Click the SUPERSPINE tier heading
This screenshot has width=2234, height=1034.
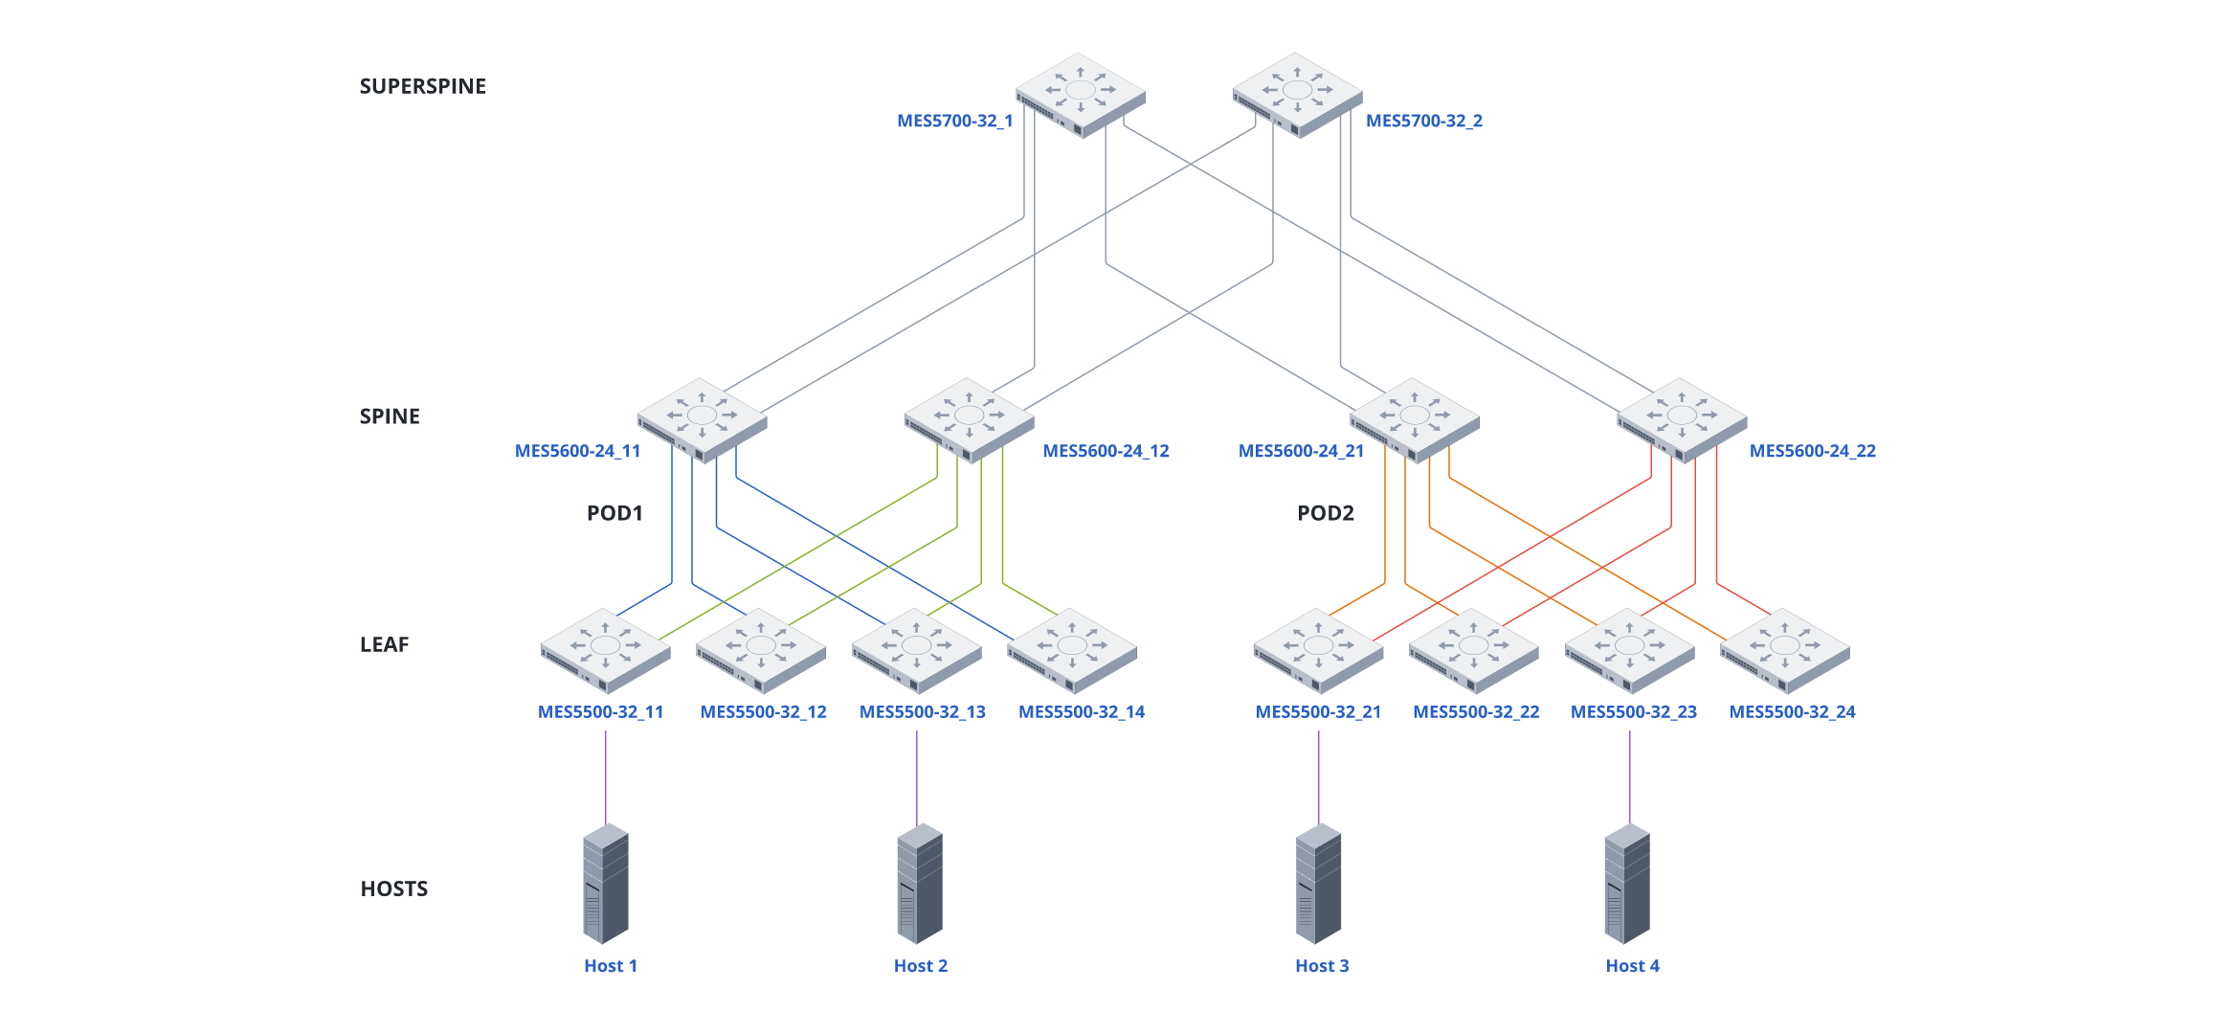coord(422,86)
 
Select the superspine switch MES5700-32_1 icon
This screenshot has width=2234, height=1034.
coord(1081,94)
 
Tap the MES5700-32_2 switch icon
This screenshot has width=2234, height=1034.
coord(1297,94)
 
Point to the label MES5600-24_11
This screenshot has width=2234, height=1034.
coord(577,451)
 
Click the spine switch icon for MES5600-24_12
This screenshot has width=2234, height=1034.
coord(969,419)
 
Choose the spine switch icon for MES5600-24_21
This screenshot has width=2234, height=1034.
coord(1415,419)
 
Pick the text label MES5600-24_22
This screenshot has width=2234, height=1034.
coord(1812,451)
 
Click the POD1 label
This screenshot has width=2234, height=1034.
coord(614,513)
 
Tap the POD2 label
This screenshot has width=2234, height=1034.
coord(1325,513)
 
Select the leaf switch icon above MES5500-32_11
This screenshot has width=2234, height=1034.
coord(605,649)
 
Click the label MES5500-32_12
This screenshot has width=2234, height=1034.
coord(763,712)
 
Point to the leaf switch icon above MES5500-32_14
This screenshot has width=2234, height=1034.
coord(1072,649)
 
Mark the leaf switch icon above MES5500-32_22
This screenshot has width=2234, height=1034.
coord(1474,649)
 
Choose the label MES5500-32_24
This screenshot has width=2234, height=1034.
coord(1792,712)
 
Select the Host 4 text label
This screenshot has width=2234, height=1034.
coord(1632,966)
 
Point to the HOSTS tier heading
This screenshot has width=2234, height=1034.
coord(393,889)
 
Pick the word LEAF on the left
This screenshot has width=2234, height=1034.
coord(384,644)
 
